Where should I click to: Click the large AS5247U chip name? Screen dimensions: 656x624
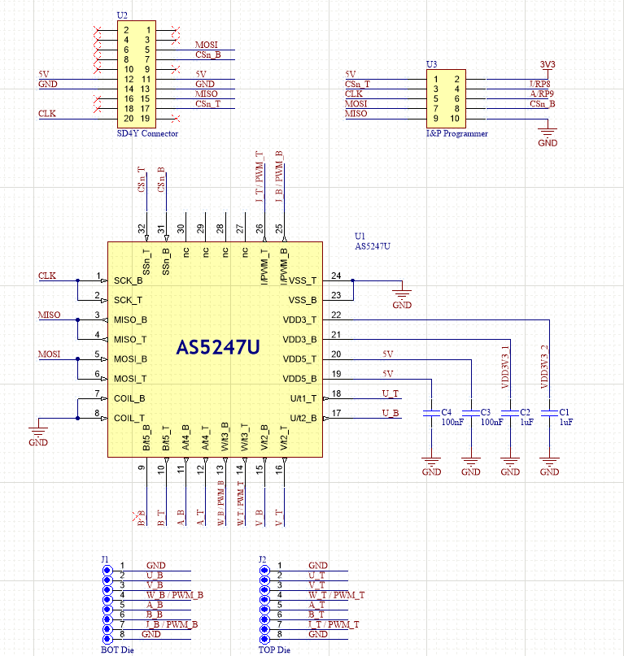(218, 348)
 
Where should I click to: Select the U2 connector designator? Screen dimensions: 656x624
(122, 15)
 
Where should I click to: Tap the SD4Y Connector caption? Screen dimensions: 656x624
(146, 133)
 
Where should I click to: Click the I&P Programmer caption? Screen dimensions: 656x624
(457, 133)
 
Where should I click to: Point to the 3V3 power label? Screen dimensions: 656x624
(548, 64)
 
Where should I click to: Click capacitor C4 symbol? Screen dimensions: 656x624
(432, 414)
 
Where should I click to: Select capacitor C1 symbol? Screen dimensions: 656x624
(549, 414)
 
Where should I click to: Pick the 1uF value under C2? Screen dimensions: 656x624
(527, 423)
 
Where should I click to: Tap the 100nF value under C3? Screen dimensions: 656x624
(491, 423)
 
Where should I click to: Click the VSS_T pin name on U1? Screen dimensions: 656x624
(303, 280)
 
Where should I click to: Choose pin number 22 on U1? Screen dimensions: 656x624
(336, 315)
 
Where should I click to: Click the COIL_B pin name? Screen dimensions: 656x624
(130, 398)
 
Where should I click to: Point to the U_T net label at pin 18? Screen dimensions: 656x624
(390, 393)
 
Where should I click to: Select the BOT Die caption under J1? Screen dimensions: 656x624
(117, 650)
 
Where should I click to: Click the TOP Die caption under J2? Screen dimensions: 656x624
(274, 650)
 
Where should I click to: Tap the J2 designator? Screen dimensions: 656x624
(262, 558)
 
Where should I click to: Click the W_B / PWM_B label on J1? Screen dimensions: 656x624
(174, 595)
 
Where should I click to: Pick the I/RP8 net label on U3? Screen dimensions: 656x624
(539, 85)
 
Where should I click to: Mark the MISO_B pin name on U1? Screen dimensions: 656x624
(131, 319)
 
